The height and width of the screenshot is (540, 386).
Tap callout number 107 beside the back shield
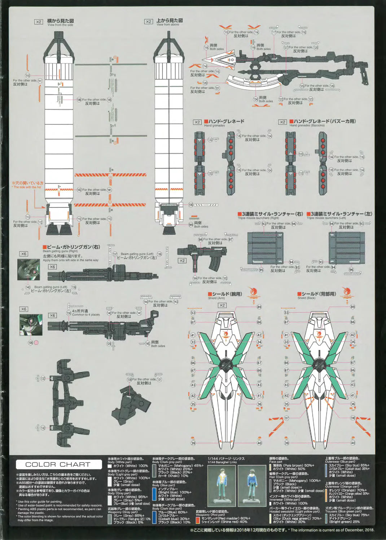pos(286,418)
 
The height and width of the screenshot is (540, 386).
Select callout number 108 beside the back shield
pos(353,418)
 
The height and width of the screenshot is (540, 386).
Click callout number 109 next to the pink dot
pos(30,342)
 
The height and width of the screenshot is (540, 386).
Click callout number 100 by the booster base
pos(190,205)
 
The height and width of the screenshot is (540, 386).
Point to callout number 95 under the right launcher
pos(261,270)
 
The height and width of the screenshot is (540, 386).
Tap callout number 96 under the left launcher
pos(351,270)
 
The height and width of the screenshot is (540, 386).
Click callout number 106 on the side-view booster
pos(79,100)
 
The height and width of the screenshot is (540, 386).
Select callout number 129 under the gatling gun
pos(109,344)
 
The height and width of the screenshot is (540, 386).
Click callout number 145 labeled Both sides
pos(148,344)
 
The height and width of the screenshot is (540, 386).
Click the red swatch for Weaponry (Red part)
pos(198,520)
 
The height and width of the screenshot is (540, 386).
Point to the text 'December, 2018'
pos(358,530)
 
